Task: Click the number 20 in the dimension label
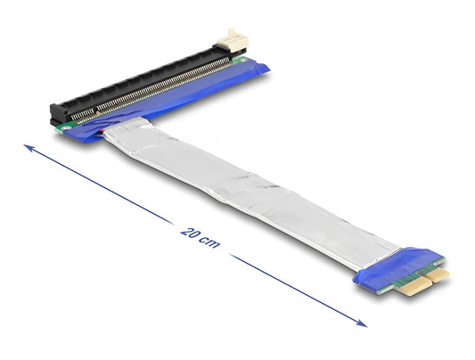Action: point(190,233)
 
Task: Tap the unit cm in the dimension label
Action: point(209,241)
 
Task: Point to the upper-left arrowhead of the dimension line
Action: point(29,147)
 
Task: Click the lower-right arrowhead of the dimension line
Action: point(362,323)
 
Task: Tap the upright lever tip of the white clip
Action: point(233,32)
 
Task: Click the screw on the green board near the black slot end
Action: point(64,128)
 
